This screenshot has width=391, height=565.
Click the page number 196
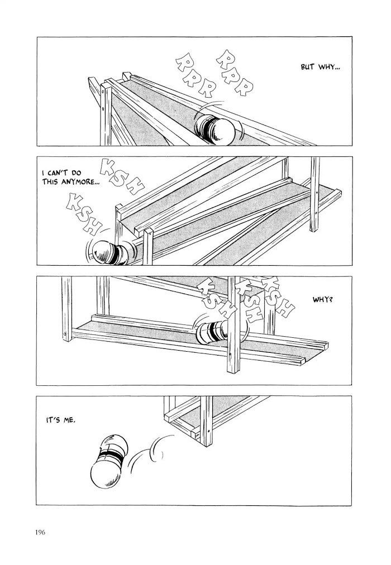click(x=40, y=532)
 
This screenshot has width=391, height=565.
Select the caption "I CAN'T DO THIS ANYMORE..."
click(x=70, y=178)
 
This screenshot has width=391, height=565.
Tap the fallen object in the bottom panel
click(x=108, y=461)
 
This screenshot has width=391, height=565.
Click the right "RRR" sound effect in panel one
click(x=234, y=74)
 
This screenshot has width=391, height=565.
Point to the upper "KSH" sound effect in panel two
click(x=122, y=176)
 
